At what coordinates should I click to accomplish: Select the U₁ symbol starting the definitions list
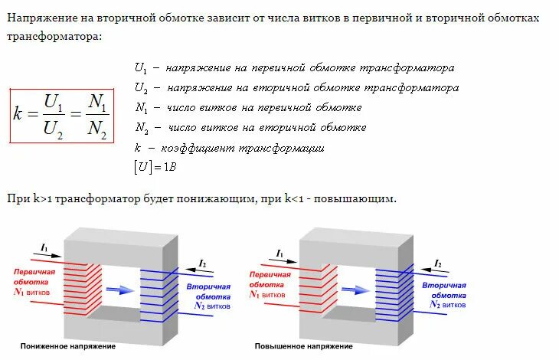point(140,68)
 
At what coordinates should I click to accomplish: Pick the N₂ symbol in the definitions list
point(141,127)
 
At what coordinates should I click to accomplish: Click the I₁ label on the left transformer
point(45,247)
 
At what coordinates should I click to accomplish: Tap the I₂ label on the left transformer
point(202,263)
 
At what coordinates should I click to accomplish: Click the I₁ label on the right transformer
point(279,252)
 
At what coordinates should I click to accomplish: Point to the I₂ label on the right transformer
point(438,263)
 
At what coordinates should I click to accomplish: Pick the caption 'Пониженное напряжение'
point(68,346)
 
